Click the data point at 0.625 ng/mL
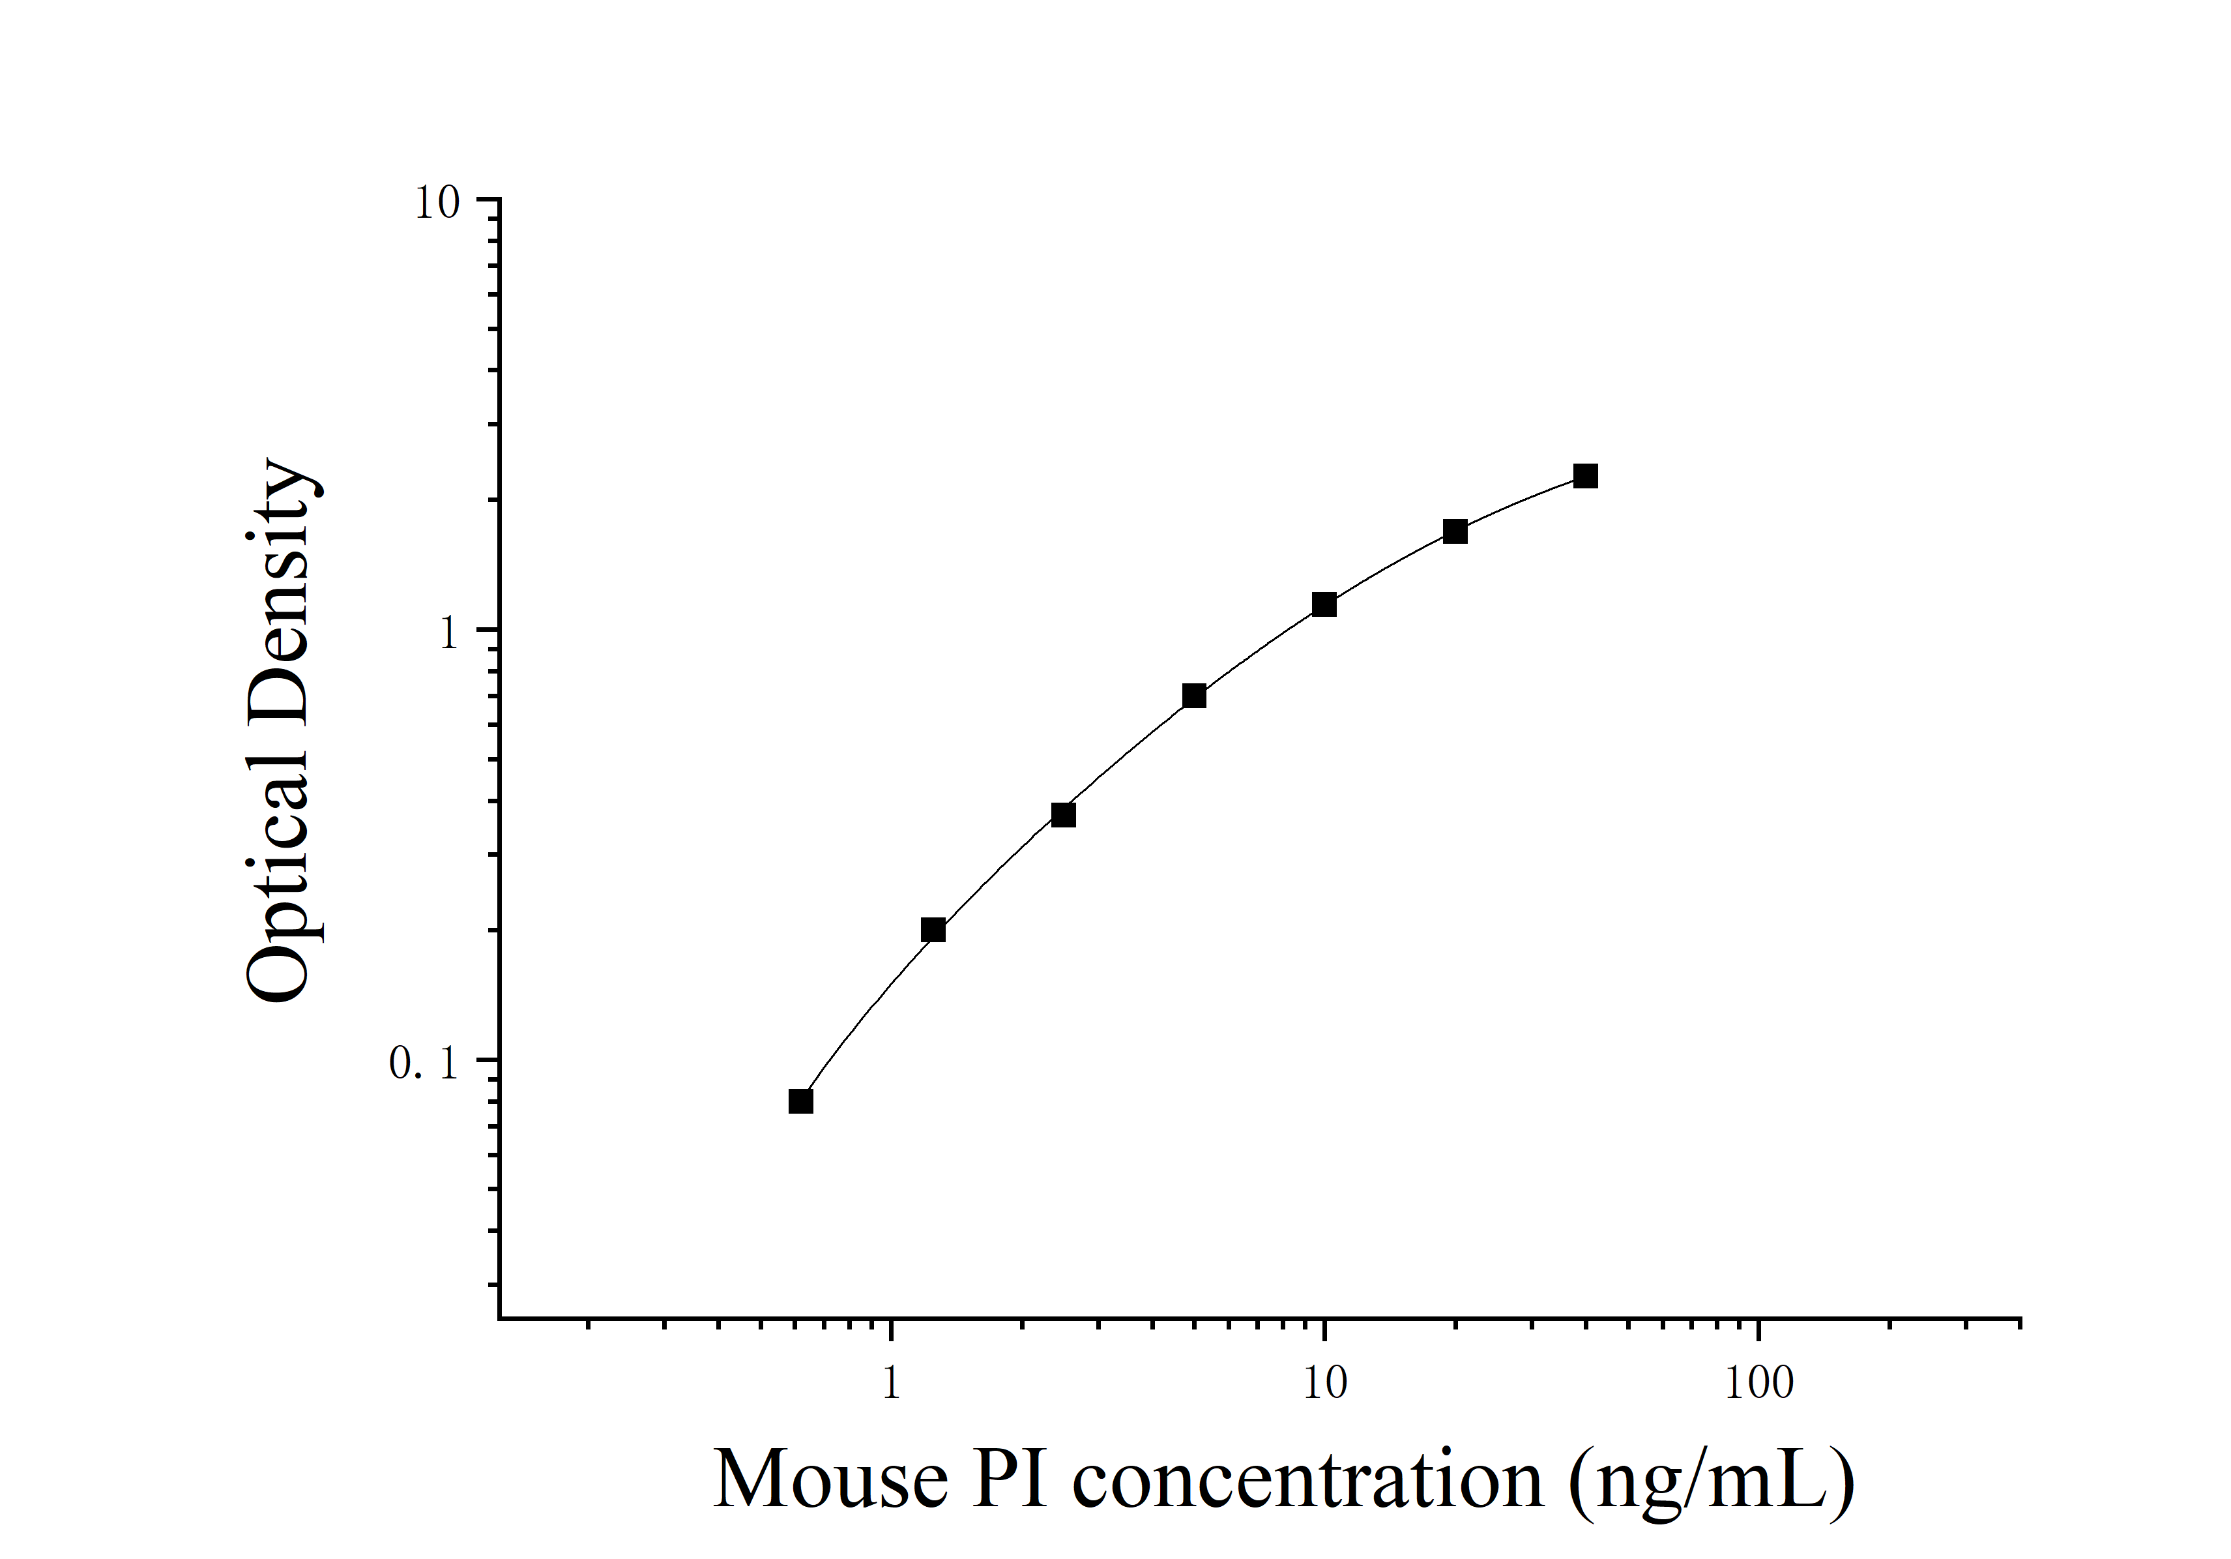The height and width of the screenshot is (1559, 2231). click(800, 1101)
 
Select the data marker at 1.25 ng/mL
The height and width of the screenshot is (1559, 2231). click(933, 930)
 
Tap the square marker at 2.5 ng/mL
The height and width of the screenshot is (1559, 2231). click(1064, 814)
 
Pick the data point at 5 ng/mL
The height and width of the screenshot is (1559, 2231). click(1194, 696)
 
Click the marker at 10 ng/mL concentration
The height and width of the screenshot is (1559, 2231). click(1324, 604)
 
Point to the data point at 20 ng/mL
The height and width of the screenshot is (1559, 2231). click(1455, 531)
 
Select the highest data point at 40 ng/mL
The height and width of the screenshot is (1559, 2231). click(1586, 476)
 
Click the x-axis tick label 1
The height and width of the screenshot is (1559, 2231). click(891, 1384)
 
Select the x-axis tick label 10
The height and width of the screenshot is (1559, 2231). click(1324, 1384)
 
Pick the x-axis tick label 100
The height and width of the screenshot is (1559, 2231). click(1758, 1384)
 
